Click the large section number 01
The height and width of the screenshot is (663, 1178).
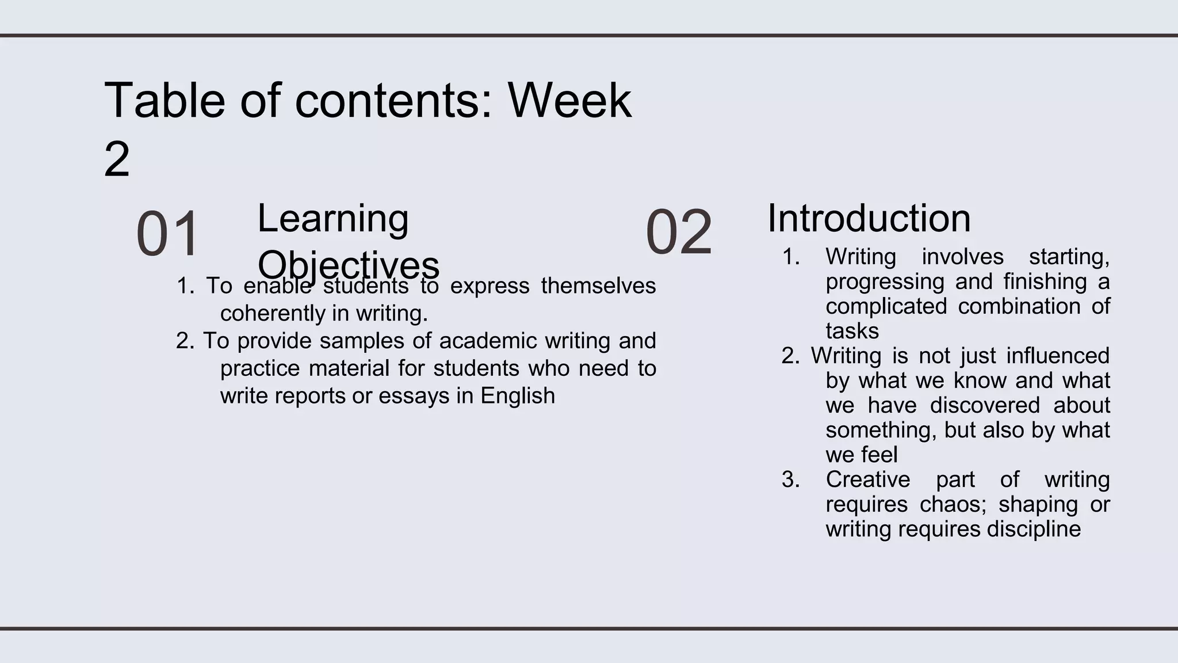coord(167,234)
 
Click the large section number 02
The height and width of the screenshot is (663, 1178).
coord(679,233)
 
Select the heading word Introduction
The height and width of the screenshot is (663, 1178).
coord(869,218)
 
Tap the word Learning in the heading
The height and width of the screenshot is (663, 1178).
coord(332,218)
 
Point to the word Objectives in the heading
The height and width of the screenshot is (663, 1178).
coord(348,265)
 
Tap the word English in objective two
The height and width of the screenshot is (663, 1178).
coord(518,396)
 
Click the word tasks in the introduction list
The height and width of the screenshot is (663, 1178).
coord(852,331)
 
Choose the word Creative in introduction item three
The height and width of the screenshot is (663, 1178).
coord(867,479)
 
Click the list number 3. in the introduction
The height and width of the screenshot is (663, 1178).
coord(790,479)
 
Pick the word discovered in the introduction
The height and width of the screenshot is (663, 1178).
coord(985,405)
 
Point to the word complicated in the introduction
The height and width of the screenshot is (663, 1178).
coord(886,306)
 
